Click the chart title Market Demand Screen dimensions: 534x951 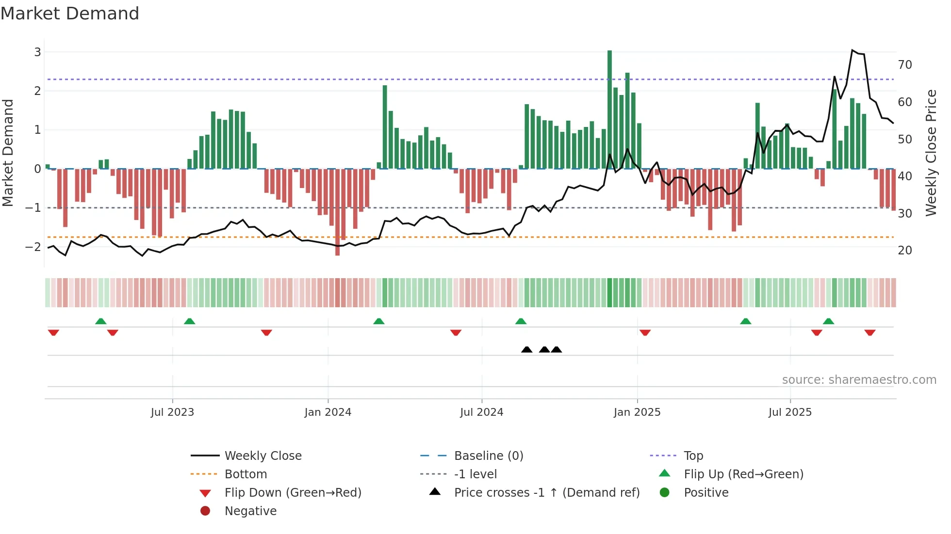click(x=70, y=14)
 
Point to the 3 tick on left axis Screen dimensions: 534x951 click(x=37, y=52)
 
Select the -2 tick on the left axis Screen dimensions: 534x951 click(x=33, y=247)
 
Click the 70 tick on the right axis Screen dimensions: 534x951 click(x=905, y=64)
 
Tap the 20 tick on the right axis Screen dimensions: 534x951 click(x=905, y=250)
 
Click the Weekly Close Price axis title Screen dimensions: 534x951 click(x=931, y=153)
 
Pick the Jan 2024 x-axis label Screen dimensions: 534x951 click(x=328, y=412)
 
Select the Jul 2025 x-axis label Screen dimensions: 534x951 click(x=789, y=412)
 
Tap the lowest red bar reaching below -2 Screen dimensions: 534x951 click(x=337, y=213)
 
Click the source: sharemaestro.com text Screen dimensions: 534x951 click(x=859, y=379)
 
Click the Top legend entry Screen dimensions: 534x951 click(x=693, y=455)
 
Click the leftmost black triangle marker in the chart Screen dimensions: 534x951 click(x=526, y=349)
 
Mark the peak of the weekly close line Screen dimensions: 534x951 click(x=853, y=50)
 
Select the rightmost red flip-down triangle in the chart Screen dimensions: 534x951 click(x=869, y=332)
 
